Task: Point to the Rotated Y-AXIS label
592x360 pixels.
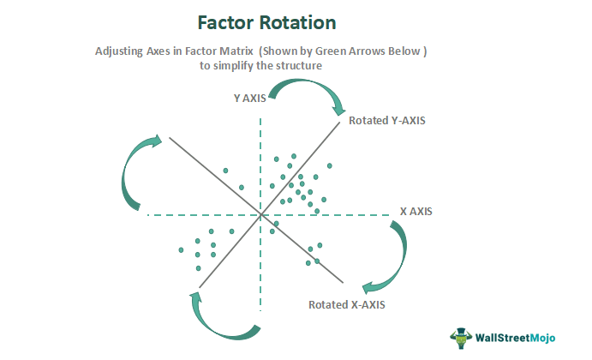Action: click(387, 121)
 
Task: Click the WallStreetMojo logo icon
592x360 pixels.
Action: click(462, 336)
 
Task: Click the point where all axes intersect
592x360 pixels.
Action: click(260, 214)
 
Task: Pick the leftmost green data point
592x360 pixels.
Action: click(182, 249)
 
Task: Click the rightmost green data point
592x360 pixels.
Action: click(331, 165)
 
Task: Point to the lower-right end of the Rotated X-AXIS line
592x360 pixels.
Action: click(344, 283)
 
